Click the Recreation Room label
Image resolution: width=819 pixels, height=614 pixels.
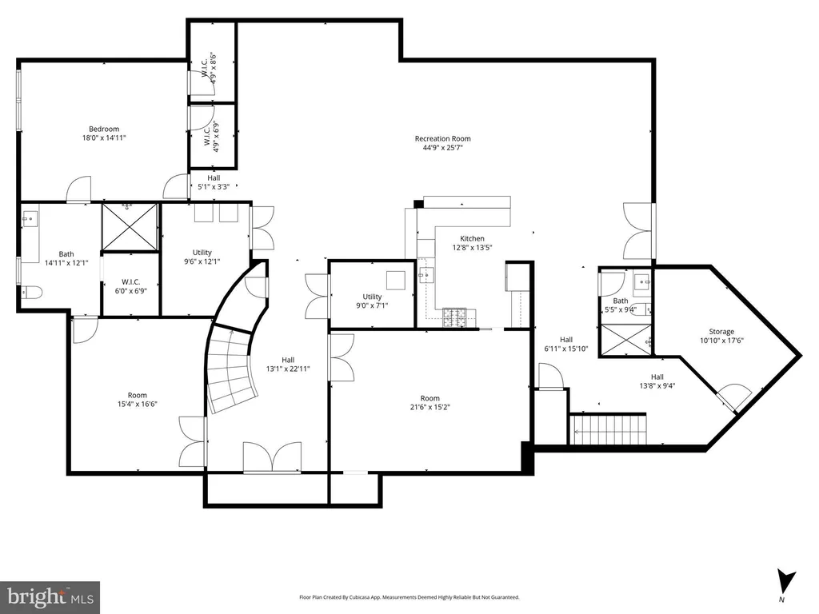[x=443, y=142]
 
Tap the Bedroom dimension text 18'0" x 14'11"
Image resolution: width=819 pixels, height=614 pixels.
[x=104, y=138]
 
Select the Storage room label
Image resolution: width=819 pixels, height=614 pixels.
[x=721, y=336]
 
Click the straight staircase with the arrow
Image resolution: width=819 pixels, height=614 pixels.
[x=608, y=429]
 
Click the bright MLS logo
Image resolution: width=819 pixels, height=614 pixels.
[x=50, y=597]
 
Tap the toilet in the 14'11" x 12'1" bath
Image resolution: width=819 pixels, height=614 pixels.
[x=31, y=293]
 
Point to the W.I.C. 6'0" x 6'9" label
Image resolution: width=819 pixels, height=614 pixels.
[x=130, y=287]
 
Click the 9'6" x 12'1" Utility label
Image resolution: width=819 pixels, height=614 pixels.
[x=202, y=257]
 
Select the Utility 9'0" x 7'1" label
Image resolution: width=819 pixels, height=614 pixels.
[x=373, y=301]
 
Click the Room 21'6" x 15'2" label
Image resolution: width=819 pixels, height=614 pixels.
[x=429, y=403]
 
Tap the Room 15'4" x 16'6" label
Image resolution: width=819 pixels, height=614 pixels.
[x=138, y=400]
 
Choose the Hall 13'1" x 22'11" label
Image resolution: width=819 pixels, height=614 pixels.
[x=288, y=365]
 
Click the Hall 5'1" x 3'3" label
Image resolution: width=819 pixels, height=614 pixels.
[x=213, y=182]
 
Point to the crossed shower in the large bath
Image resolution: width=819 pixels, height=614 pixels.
[x=129, y=227]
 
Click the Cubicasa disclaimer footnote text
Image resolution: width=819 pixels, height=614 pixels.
[x=409, y=597]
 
